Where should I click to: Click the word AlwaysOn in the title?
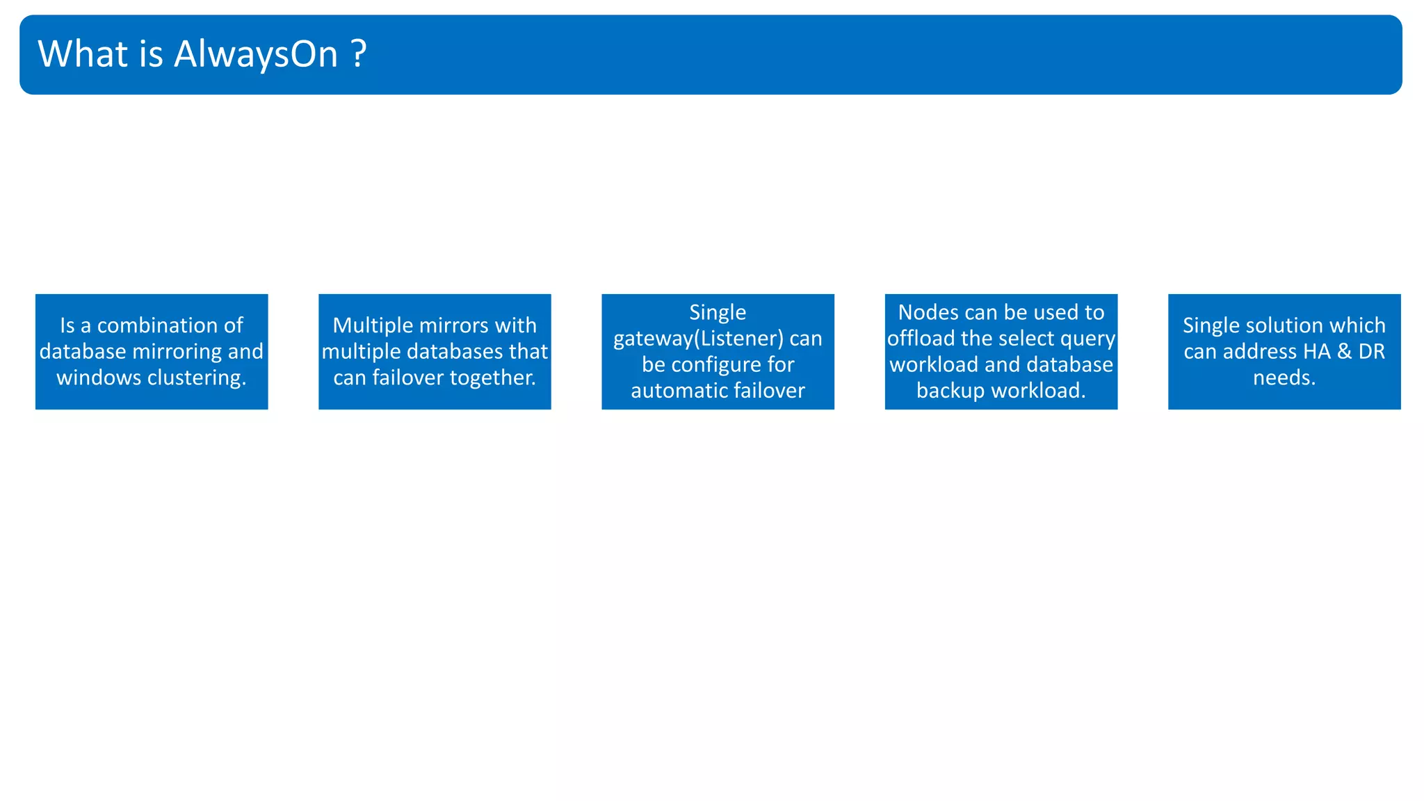click(256, 54)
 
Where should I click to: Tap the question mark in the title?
click(359, 54)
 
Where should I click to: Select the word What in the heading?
click(83, 54)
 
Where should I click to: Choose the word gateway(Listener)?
click(698, 339)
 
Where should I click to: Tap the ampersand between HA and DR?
click(1344, 352)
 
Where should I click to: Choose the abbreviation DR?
click(1371, 352)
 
